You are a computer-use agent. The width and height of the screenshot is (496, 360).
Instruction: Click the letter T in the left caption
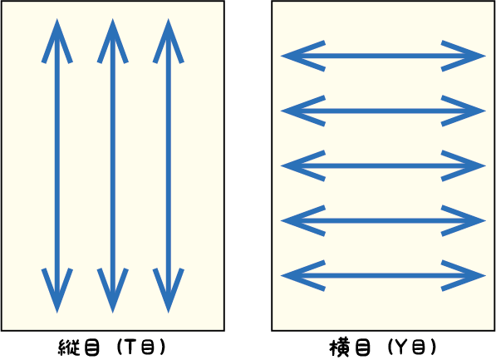tap(130, 347)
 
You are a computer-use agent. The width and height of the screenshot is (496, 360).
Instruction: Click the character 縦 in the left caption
tap(68, 348)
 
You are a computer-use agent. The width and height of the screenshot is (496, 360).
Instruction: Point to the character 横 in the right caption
tap(339, 348)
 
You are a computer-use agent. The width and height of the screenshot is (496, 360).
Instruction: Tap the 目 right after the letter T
tap(147, 347)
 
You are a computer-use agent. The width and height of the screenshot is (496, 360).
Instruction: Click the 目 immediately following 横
tap(362, 348)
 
